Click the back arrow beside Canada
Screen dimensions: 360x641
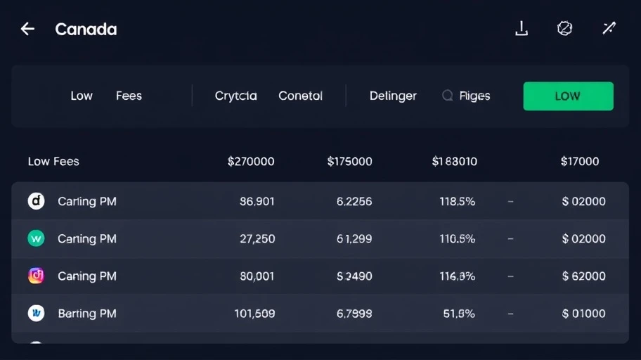point(27,29)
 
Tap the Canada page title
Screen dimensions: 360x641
point(86,30)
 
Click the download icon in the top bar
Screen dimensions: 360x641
point(522,28)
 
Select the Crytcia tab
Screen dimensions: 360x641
point(235,96)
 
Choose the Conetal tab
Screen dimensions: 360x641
point(300,96)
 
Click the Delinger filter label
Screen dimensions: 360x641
point(393,96)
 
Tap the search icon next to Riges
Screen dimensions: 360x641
point(447,96)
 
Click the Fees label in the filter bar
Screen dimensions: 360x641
point(129,96)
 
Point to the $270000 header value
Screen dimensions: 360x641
point(251,161)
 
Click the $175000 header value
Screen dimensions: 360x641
point(349,161)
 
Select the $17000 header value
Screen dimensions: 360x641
point(580,161)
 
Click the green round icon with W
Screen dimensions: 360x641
point(36,238)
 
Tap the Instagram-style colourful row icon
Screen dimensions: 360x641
point(36,276)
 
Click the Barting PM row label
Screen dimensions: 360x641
point(87,313)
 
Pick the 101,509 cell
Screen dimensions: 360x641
point(254,313)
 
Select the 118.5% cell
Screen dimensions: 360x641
point(457,201)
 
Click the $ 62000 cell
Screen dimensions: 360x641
point(583,276)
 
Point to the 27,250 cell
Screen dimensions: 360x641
point(257,238)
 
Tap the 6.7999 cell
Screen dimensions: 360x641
point(354,313)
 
